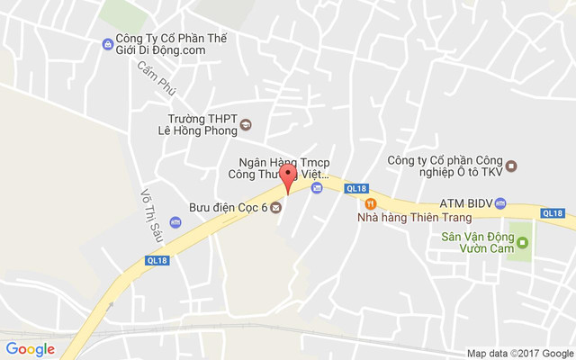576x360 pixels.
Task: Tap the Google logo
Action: pos(31,349)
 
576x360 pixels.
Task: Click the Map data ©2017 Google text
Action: pos(519,353)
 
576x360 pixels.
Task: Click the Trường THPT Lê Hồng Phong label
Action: pos(202,123)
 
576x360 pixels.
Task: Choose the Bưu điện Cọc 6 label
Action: pos(228,208)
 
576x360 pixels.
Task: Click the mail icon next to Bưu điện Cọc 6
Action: pos(275,208)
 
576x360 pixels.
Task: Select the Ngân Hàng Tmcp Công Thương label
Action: pos(278,167)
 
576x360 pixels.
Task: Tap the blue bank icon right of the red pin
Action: pos(317,187)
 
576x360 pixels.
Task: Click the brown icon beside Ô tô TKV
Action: pos(511,166)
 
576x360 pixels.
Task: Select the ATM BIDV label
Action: pos(465,202)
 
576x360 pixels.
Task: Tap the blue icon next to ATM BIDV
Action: pos(501,202)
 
